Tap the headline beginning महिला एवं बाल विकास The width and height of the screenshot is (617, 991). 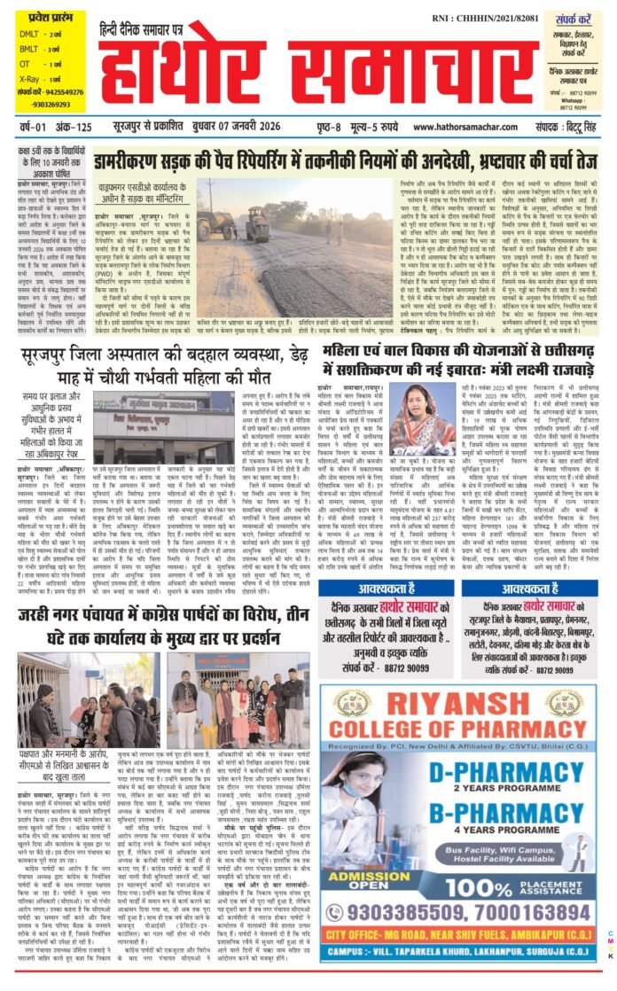click(463, 361)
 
